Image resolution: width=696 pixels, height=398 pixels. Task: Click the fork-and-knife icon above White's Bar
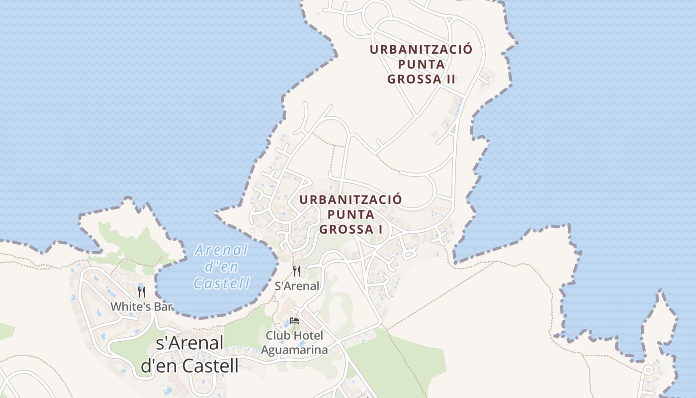[x=142, y=292]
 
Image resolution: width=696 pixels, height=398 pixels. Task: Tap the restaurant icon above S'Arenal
[x=297, y=271]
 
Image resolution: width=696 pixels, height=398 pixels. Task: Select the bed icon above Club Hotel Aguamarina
[x=294, y=321]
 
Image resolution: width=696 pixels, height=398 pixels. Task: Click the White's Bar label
[x=142, y=306]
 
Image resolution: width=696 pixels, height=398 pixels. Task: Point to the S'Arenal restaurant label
[x=297, y=286]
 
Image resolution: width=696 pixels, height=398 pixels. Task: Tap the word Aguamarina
[x=294, y=350]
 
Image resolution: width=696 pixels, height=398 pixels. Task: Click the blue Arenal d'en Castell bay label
[x=221, y=267]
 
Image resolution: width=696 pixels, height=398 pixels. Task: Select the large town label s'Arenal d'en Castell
[x=189, y=354]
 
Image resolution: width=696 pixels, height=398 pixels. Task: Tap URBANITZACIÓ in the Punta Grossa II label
[x=421, y=50]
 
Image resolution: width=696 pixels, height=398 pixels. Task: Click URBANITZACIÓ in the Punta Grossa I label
[x=351, y=200]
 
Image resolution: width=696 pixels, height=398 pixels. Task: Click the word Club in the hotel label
[x=277, y=335]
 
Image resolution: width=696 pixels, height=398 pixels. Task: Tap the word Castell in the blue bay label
[x=221, y=283]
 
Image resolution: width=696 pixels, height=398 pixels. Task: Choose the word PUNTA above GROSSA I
[x=351, y=214]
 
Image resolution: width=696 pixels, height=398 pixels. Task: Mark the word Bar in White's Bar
[x=165, y=306]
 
